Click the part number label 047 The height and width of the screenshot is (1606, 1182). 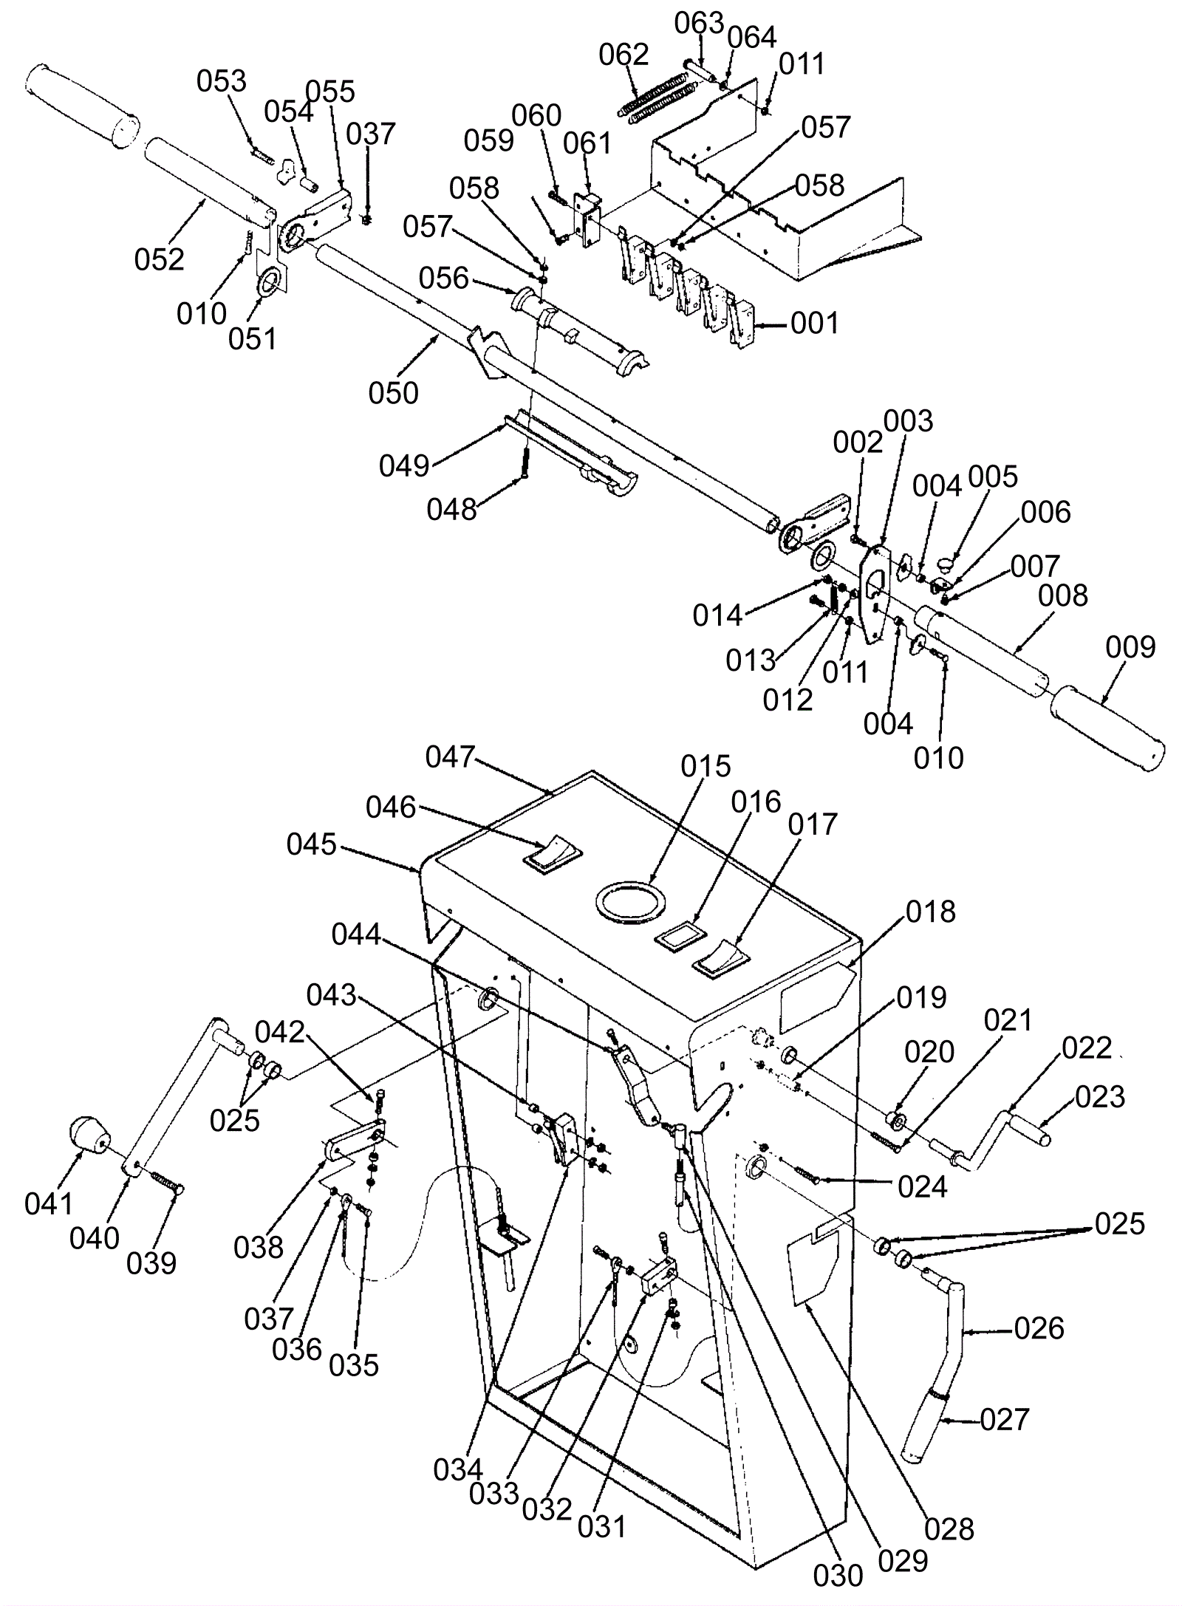tap(450, 756)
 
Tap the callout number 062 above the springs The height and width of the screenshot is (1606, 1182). tap(624, 55)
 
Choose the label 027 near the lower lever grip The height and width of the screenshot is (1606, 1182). tap(1005, 1419)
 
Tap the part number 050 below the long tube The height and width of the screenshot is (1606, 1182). tap(394, 392)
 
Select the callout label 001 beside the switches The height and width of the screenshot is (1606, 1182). tap(815, 323)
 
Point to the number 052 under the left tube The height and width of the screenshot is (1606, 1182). tap(159, 259)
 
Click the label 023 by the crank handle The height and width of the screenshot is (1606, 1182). tap(1100, 1097)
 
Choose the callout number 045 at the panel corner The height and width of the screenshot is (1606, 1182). tap(312, 844)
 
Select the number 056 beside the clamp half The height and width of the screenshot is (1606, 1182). tap(444, 278)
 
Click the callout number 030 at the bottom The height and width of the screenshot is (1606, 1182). tap(838, 1575)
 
